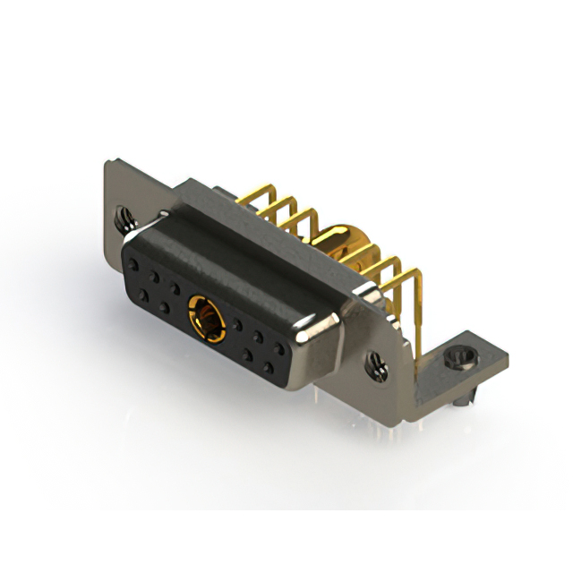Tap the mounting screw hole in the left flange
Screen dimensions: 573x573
tap(124, 215)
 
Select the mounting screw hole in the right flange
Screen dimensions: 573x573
tap(376, 364)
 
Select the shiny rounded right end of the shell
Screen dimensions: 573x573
tap(318, 331)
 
